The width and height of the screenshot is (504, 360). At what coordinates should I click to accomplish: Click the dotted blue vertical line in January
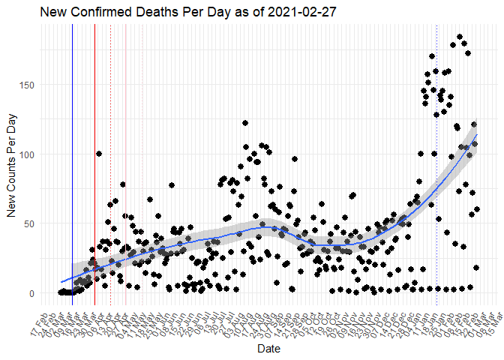[x=437, y=187]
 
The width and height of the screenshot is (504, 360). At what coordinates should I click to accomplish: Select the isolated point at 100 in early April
[x=99, y=154]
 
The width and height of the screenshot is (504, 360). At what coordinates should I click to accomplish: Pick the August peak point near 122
[x=245, y=123]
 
